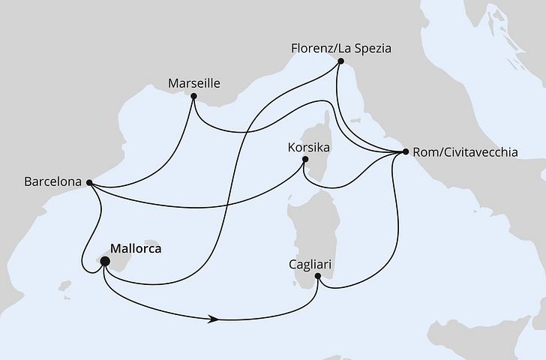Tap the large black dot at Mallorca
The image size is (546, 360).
point(105,262)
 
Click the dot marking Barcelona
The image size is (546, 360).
point(89,182)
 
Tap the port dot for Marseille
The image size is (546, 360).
point(193,97)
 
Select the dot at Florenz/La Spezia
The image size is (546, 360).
point(340,64)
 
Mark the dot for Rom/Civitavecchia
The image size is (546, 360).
point(406,152)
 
